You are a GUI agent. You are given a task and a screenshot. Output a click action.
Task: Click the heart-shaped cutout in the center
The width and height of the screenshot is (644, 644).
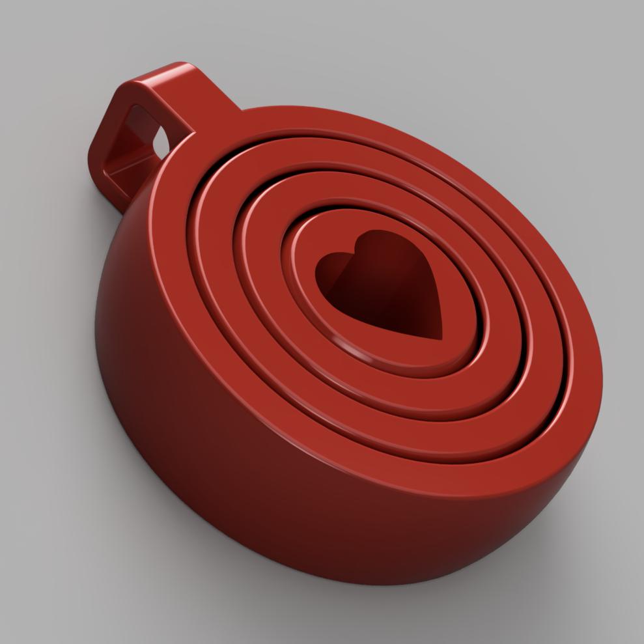[384, 287]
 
